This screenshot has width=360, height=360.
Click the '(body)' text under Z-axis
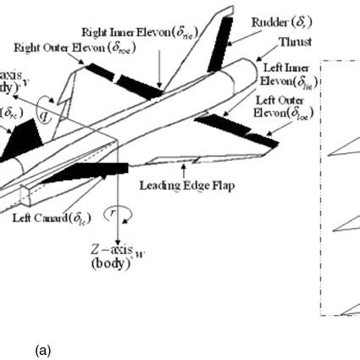[x=110, y=263]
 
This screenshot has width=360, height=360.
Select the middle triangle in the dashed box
[x=347, y=224]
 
